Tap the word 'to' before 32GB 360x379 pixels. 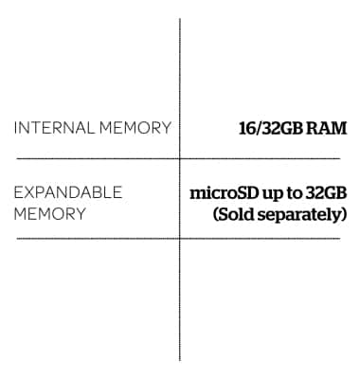[x=297, y=193]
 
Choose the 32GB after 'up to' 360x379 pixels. [x=329, y=193]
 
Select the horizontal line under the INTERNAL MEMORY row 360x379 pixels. [x=95, y=157]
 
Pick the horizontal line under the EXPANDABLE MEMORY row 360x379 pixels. [x=95, y=238]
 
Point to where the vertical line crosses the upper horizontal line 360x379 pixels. [x=180, y=157]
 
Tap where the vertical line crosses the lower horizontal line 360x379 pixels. [x=180, y=238]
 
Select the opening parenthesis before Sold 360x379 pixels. [x=217, y=215]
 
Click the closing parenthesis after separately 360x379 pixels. [x=344, y=215]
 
